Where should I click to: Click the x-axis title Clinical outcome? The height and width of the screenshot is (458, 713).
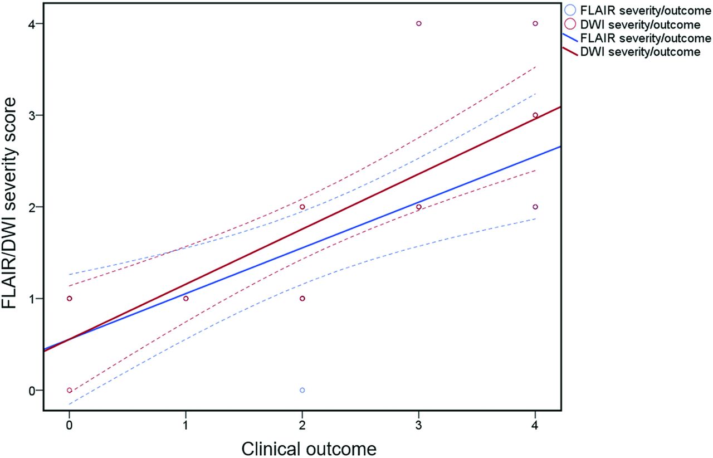point(302,447)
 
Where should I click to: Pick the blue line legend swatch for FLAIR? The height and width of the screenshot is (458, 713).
point(568,38)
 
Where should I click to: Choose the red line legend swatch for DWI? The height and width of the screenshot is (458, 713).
point(568,52)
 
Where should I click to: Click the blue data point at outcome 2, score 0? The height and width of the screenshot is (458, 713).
point(302,390)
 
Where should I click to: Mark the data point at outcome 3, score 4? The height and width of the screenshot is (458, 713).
point(419,23)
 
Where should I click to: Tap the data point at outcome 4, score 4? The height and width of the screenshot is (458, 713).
point(535,23)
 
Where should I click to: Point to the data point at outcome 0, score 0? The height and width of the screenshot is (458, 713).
point(69,390)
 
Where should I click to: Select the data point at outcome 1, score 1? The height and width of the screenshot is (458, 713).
point(185,299)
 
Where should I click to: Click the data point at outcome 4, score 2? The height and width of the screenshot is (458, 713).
point(535,207)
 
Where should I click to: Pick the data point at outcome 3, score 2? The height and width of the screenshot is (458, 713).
point(419,207)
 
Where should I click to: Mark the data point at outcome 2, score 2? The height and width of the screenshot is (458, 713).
point(302,207)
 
